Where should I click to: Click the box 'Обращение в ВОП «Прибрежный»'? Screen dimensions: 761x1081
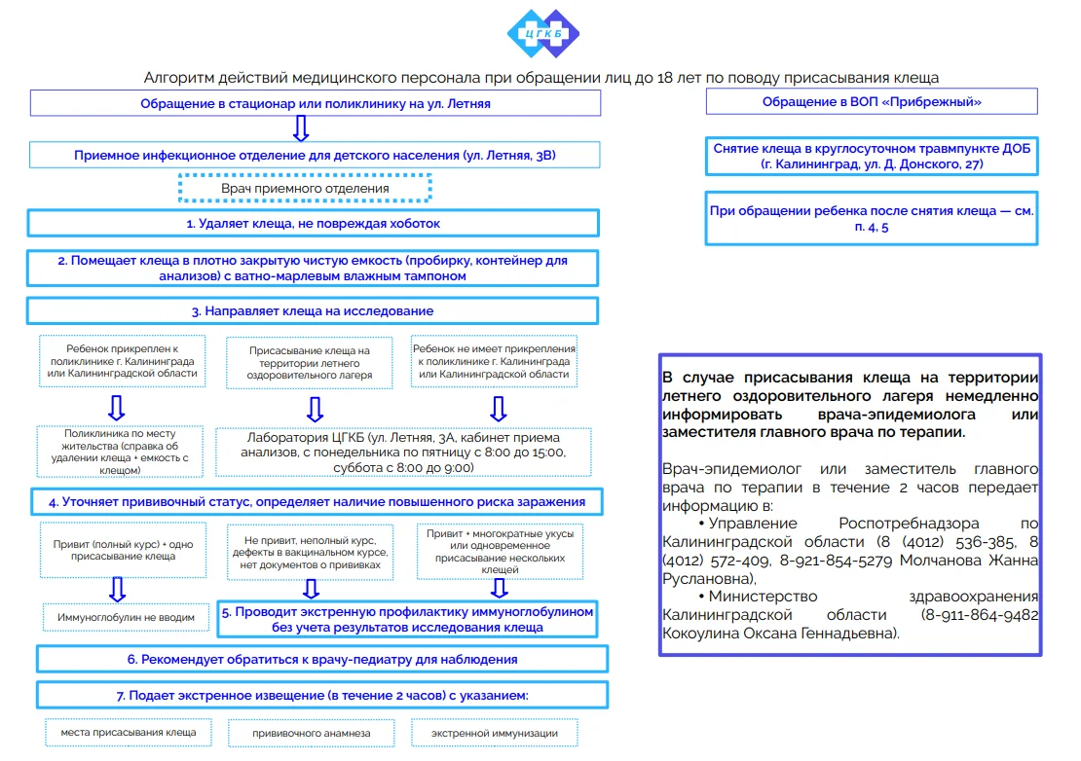[x=871, y=102]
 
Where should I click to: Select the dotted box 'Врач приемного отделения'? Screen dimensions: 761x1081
[x=305, y=188]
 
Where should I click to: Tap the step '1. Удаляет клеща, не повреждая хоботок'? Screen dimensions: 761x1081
[x=313, y=223]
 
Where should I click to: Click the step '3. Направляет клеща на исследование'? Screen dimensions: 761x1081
[x=313, y=310]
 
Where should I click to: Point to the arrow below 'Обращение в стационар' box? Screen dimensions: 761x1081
[x=301, y=127]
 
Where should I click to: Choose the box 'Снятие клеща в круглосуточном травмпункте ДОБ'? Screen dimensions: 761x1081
[x=871, y=156]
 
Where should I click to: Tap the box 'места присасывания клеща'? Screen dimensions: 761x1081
[x=128, y=732]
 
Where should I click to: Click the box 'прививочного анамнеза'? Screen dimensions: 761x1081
[x=311, y=733]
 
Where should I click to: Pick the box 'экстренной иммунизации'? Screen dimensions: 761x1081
[x=497, y=733]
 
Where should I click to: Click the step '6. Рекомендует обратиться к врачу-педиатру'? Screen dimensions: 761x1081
[x=322, y=659]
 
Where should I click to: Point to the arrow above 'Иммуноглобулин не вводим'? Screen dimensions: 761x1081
[x=117, y=587]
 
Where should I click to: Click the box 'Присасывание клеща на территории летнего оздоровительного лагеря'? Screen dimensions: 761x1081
[x=311, y=362]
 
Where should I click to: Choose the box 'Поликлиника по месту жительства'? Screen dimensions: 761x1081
[x=120, y=452]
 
